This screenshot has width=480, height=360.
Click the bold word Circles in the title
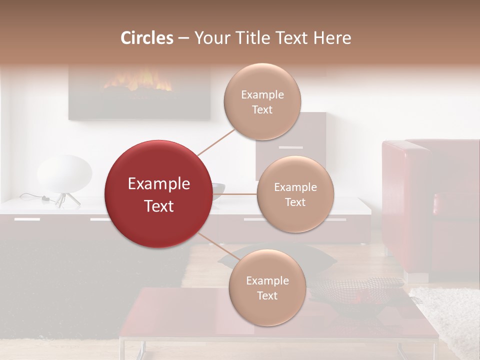point(146,38)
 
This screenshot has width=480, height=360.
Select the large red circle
point(158,194)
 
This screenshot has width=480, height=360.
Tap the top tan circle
point(262,101)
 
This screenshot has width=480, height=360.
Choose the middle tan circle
point(295,194)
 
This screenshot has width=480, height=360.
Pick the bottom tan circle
point(267,287)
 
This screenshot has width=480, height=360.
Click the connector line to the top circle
point(216,142)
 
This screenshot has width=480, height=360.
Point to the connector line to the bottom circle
point(215,245)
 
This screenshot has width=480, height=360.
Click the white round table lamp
point(64,172)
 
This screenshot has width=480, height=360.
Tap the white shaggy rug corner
point(450,315)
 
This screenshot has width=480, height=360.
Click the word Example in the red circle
point(158,184)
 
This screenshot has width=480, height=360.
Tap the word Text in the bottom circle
point(267,295)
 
